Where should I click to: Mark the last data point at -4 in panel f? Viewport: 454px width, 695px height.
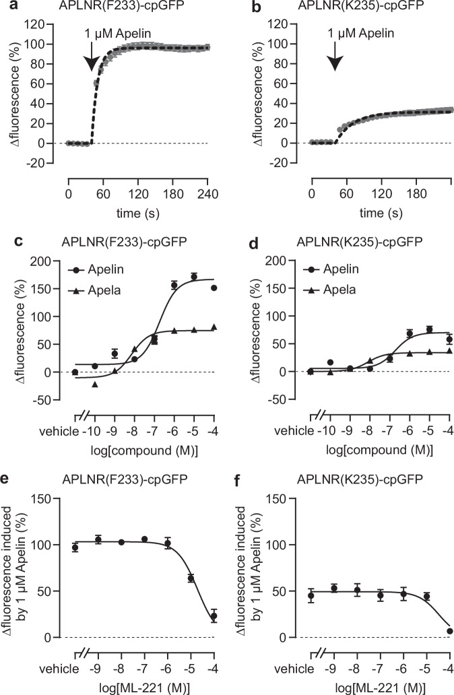(x=430, y=631)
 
